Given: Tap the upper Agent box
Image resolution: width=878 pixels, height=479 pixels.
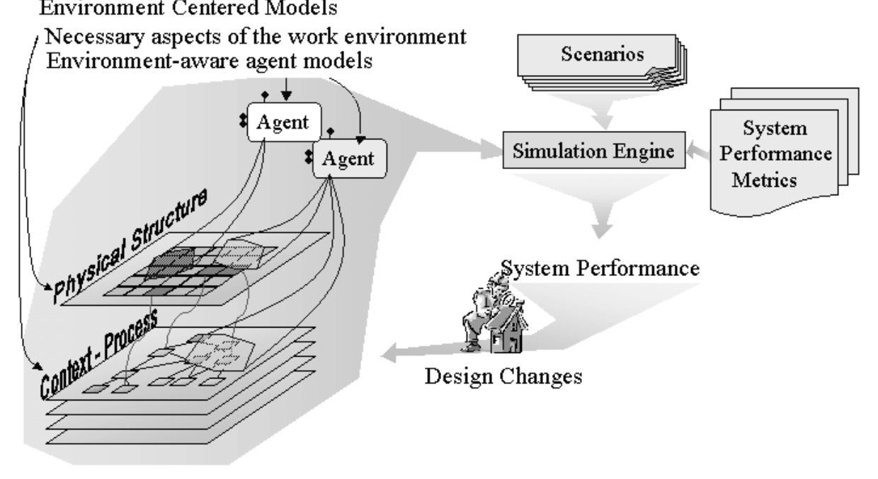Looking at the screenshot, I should point(283,122).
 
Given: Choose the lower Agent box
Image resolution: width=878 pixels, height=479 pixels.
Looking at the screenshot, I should point(348,158).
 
